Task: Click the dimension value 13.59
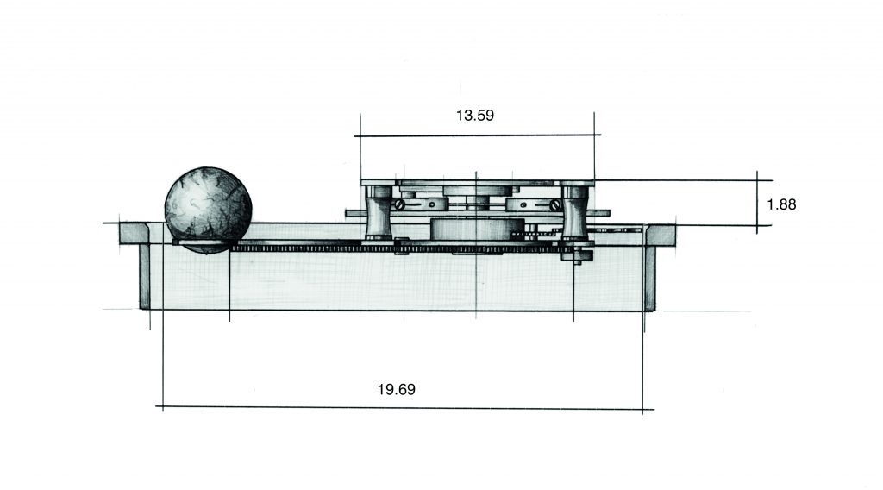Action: (x=475, y=116)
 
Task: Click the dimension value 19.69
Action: (x=397, y=389)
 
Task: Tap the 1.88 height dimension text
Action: (x=781, y=204)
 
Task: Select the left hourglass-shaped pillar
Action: (x=379, y=212)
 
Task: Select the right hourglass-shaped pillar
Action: (x=575, y=212)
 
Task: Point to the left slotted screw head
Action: (x=399, y=204)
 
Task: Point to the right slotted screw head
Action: (x=554, y=204)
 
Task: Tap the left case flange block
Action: (x=134, y=234)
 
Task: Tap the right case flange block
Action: (x=661, y=235)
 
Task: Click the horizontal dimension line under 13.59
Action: (x=478, y=135)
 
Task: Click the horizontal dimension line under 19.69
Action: (x=405, y=408)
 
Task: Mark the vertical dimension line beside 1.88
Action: (x=757, y=202)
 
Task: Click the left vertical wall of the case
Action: (x=145, y=277)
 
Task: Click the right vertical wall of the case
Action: (x=650, y=279)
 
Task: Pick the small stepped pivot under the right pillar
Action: (x=577, y=256)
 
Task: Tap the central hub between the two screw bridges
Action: (x=478, y=202)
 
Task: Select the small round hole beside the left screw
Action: (x=431, y=204)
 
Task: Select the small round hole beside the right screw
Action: (x=522, y=204)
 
